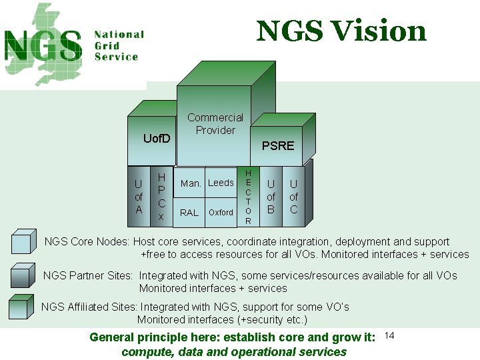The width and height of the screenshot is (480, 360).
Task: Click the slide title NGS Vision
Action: click(x=341, y=31)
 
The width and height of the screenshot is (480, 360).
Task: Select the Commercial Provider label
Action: click(x=215, y=124)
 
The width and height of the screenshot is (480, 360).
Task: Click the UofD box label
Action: click(x=157, y=139)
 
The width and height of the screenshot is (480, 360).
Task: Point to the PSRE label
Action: click(x=277, y=146)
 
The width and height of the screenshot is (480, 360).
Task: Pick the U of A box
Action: click(x=139, y=197)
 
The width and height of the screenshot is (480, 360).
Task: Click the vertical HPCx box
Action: click(x=161, y=197)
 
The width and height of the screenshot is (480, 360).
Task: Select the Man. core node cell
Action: click(x=191, y=183)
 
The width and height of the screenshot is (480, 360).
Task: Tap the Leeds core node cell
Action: click(x=221, y=183)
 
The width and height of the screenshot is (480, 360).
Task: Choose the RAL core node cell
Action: click(x=189, y=213)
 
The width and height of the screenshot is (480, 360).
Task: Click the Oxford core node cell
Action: click(x=221, y=213)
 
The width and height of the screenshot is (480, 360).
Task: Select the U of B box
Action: click(x=271, y=197)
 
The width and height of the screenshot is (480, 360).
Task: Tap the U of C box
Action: click(x=293, y=197)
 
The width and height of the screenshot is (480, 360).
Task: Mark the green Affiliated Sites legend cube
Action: click(x=23, y=307)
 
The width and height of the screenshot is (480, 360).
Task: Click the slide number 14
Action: click(x=390, y=335)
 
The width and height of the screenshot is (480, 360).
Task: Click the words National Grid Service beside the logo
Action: click(x=119, y=45)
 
